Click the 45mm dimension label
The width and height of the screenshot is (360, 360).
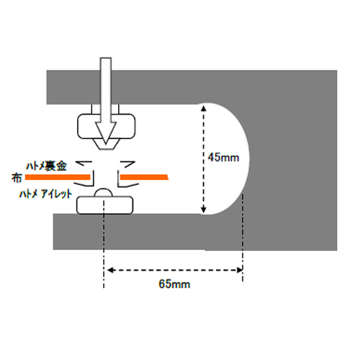coord(223,158)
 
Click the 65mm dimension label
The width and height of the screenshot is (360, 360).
coord(174,284)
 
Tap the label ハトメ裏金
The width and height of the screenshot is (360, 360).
coord(46,166)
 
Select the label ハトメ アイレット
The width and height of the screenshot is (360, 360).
coord(45,194)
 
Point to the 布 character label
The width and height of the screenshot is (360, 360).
coord(17,178)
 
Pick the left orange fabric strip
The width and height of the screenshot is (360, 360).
coord(58,177)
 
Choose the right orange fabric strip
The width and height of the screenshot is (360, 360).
coord(144,177)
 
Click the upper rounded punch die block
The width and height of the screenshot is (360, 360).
coord(107,126)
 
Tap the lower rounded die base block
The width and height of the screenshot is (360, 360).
coord(104,205)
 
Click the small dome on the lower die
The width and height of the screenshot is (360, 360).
coord(104,192)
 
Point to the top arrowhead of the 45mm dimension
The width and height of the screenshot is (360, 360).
coord(204,109)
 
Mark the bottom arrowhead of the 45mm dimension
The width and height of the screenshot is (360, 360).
coord(204,210)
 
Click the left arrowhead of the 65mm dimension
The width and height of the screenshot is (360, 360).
coord(110,270)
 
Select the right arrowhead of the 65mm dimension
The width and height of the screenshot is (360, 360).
coord(239,270)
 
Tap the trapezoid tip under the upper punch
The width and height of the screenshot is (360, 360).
coord(106,144)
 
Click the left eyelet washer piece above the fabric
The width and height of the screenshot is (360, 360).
coord(84,163)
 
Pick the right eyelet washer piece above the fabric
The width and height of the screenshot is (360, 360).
coord(127,164)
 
